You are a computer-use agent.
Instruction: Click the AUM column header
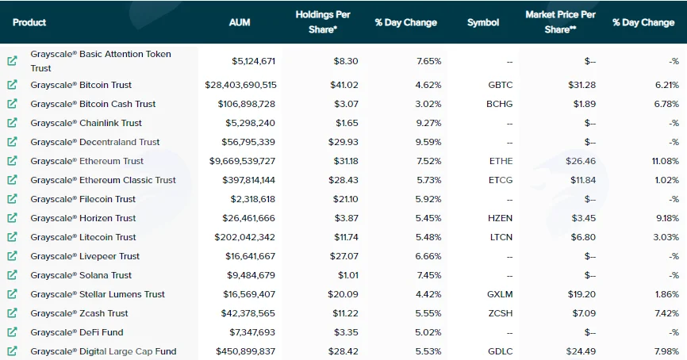tap(240, 22)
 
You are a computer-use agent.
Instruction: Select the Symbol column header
tap(483, 22)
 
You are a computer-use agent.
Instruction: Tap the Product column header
tap(29, 22)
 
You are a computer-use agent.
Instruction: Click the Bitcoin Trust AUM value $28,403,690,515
tap(240, 85)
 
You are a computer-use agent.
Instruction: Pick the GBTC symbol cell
tap(501, 85)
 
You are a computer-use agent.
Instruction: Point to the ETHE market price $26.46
tap(581, 161)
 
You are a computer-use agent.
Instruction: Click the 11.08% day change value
tap(665, 161)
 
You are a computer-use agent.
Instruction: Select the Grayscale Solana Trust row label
tap(81, 275)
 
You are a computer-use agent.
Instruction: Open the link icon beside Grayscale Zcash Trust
tap(12, 312)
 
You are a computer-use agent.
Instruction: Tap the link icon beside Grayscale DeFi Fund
tap(12, 332)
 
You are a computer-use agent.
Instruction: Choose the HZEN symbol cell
tap(500, 218)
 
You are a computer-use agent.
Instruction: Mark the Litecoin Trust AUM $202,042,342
tap(244, 237)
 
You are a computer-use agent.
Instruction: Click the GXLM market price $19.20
tap(581, 294)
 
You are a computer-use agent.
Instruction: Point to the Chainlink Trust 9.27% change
tap(428, 123)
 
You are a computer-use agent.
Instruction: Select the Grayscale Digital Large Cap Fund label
tap(103, 351)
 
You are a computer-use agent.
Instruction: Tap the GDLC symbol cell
tap(500, 351)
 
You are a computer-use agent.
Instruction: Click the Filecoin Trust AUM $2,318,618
tap(253, 199)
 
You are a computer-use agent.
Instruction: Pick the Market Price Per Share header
tap(560, 22)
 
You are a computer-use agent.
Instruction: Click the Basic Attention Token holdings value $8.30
tap(346, 61)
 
